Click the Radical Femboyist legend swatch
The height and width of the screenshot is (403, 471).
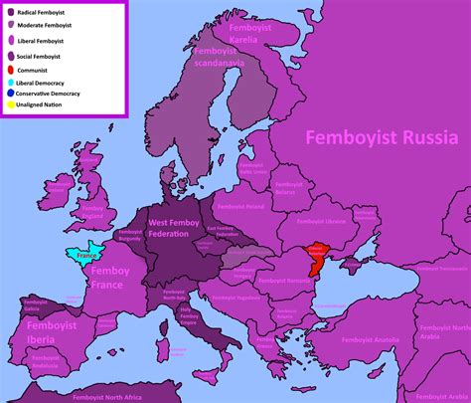pyautogui.click(x=10, y=13)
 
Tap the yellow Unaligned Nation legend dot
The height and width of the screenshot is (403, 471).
pyautogui.click(x=8, y=104)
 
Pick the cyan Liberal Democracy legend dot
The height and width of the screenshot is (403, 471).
pyautogui.click(x=8, y=82)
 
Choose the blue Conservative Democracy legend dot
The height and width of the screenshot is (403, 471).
pyautogui.click(x=8, y=93)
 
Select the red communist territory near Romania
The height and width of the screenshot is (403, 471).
pyautogui.click(x=317, y=257)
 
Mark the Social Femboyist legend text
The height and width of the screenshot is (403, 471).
pyautogui.click(x=37, y=58)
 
